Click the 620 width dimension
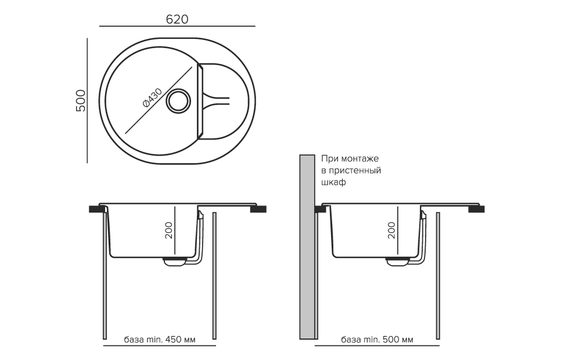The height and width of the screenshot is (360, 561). tap(177, 19)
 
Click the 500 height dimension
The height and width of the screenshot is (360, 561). tap(81, 100)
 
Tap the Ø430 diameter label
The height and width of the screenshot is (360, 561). tap(152, 98)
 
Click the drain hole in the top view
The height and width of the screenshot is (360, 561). tap(178, 100)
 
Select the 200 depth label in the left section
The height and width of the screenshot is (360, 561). tap(168, 231)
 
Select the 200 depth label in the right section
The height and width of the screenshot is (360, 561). tap(391, 231)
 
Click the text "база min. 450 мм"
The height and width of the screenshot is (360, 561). tap(160, 339)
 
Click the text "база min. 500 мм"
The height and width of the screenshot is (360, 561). tap(377, 339)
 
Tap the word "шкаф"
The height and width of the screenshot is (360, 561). tap(333, 182)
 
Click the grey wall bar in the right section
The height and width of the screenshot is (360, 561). tap(307, 247)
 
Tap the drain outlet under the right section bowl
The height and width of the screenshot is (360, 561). tap(397, 262)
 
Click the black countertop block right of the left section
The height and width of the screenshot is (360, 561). tap(258, 209)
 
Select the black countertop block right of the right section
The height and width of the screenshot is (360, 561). tap(477, 209)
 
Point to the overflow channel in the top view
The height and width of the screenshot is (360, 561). tap(216, 100)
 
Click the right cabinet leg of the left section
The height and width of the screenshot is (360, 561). tap(214, 276)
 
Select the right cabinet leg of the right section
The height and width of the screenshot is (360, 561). tap(438, 276)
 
